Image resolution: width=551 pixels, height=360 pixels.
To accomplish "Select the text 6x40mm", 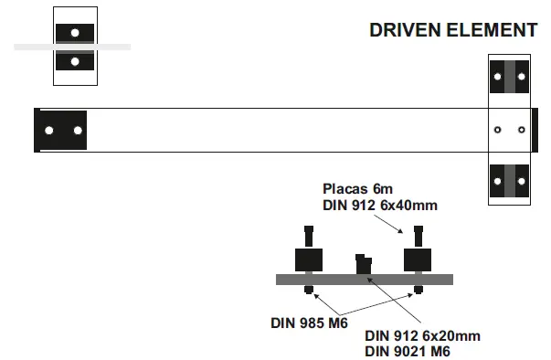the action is pyautogui.click(x=408, y=205).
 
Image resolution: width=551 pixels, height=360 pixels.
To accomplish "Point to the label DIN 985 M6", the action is pyautogui.click(x=308, y=322).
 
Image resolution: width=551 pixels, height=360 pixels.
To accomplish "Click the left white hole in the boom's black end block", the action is pyautogui.click(x=49, y=131).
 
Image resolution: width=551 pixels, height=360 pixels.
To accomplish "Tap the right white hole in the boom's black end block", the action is pyautogui.click(x=78, y=131).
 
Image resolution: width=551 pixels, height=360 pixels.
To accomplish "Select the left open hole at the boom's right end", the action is pyautogui.click(x=497, y=130).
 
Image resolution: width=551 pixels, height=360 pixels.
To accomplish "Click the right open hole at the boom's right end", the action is pyautogui.click(x=522, y=130).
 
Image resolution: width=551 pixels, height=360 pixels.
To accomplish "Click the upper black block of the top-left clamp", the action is pyautogui.click(x=75, y=32).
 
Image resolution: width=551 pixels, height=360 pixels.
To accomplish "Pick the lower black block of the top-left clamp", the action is pyautogui.click(x=75, y=61).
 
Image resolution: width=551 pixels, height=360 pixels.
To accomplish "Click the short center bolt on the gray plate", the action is pyautogui.click(x=364, y=264).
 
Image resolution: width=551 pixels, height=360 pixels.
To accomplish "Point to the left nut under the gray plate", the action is pyautogui.click(x=310, y=291).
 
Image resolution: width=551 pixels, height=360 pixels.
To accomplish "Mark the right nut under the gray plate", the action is pyautogui.click(x=419, y=291).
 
